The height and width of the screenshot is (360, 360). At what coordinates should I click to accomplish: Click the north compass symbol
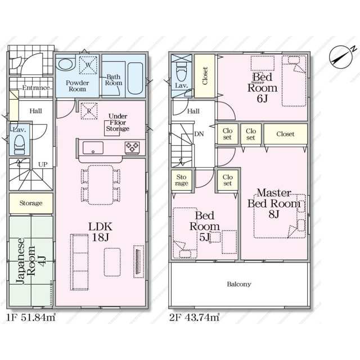[341, 57]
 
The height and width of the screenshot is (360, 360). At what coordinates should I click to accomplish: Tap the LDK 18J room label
[100, 232]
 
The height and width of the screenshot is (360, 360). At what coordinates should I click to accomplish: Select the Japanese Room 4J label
[31, 260]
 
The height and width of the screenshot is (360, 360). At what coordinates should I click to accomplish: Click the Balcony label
[239, 284]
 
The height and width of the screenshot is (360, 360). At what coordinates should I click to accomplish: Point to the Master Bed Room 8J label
[274, 204]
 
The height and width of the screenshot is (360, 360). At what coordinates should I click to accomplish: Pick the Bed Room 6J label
[263, 88]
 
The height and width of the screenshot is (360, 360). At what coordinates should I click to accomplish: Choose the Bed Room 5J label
[204, 226]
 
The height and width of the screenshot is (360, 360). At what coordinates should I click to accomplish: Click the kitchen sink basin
[93, 147]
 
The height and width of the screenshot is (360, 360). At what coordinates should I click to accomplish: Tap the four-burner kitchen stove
[132, 147]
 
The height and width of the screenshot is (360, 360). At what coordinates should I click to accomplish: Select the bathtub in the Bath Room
[136, 78]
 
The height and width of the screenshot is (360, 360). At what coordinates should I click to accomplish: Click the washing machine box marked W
[88, 65]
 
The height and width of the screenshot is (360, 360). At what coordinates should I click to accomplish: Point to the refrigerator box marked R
[89, 111]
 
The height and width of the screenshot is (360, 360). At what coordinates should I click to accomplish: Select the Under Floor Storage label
[118, 123]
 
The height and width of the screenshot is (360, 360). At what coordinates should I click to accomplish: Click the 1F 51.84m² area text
[31, 317]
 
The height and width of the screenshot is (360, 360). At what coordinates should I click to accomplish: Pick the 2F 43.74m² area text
[194, 317]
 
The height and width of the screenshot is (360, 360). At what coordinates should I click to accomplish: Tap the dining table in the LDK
[101, 185]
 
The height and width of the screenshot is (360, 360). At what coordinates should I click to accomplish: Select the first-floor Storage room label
[31, 203]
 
